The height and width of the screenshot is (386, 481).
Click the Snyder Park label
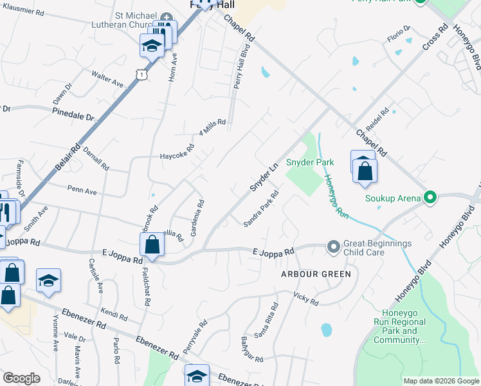(x=310, y=162)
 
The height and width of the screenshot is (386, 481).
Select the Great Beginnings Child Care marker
(x=333, y=246)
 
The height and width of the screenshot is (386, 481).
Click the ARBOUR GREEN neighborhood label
(x=316, y=274)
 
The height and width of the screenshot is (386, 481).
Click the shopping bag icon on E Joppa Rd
(x=152, y=244)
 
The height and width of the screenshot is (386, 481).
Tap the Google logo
(x=21, y=378)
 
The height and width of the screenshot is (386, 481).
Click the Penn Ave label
(x=82, y=191)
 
